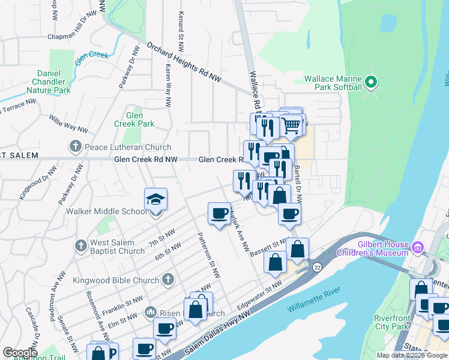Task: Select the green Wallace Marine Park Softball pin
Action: coord(371,83)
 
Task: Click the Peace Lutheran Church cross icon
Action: coord(76,146)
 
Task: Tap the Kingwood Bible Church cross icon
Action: coord(167,279)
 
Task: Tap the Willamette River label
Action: coord(313,299)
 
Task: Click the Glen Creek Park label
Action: coord(134,119)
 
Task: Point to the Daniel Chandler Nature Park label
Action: coord(48,81)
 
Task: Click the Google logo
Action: coord(20,353)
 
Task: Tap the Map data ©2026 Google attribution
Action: coord(411,355)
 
